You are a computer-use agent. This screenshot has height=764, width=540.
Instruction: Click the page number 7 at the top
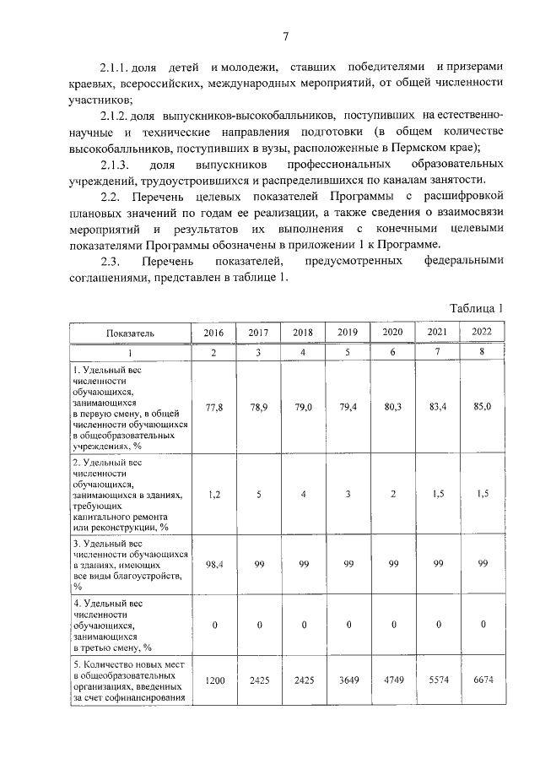(285, 35)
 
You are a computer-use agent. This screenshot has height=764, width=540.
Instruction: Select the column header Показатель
(130, 333)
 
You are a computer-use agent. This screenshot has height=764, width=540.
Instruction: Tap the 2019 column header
(348, 333)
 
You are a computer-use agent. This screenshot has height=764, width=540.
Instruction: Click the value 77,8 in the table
(214, 407)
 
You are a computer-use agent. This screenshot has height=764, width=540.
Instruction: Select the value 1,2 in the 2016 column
(214, 495)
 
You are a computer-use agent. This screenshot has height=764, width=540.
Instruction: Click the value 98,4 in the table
(214, 562)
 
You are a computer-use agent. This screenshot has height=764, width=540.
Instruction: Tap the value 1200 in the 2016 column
(214, 680)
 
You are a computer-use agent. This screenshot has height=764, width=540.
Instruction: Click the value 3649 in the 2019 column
(348, 680)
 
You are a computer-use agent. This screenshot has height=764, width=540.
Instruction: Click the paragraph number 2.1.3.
(115, 164)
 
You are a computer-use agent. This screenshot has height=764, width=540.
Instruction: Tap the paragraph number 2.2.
(111, 197)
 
